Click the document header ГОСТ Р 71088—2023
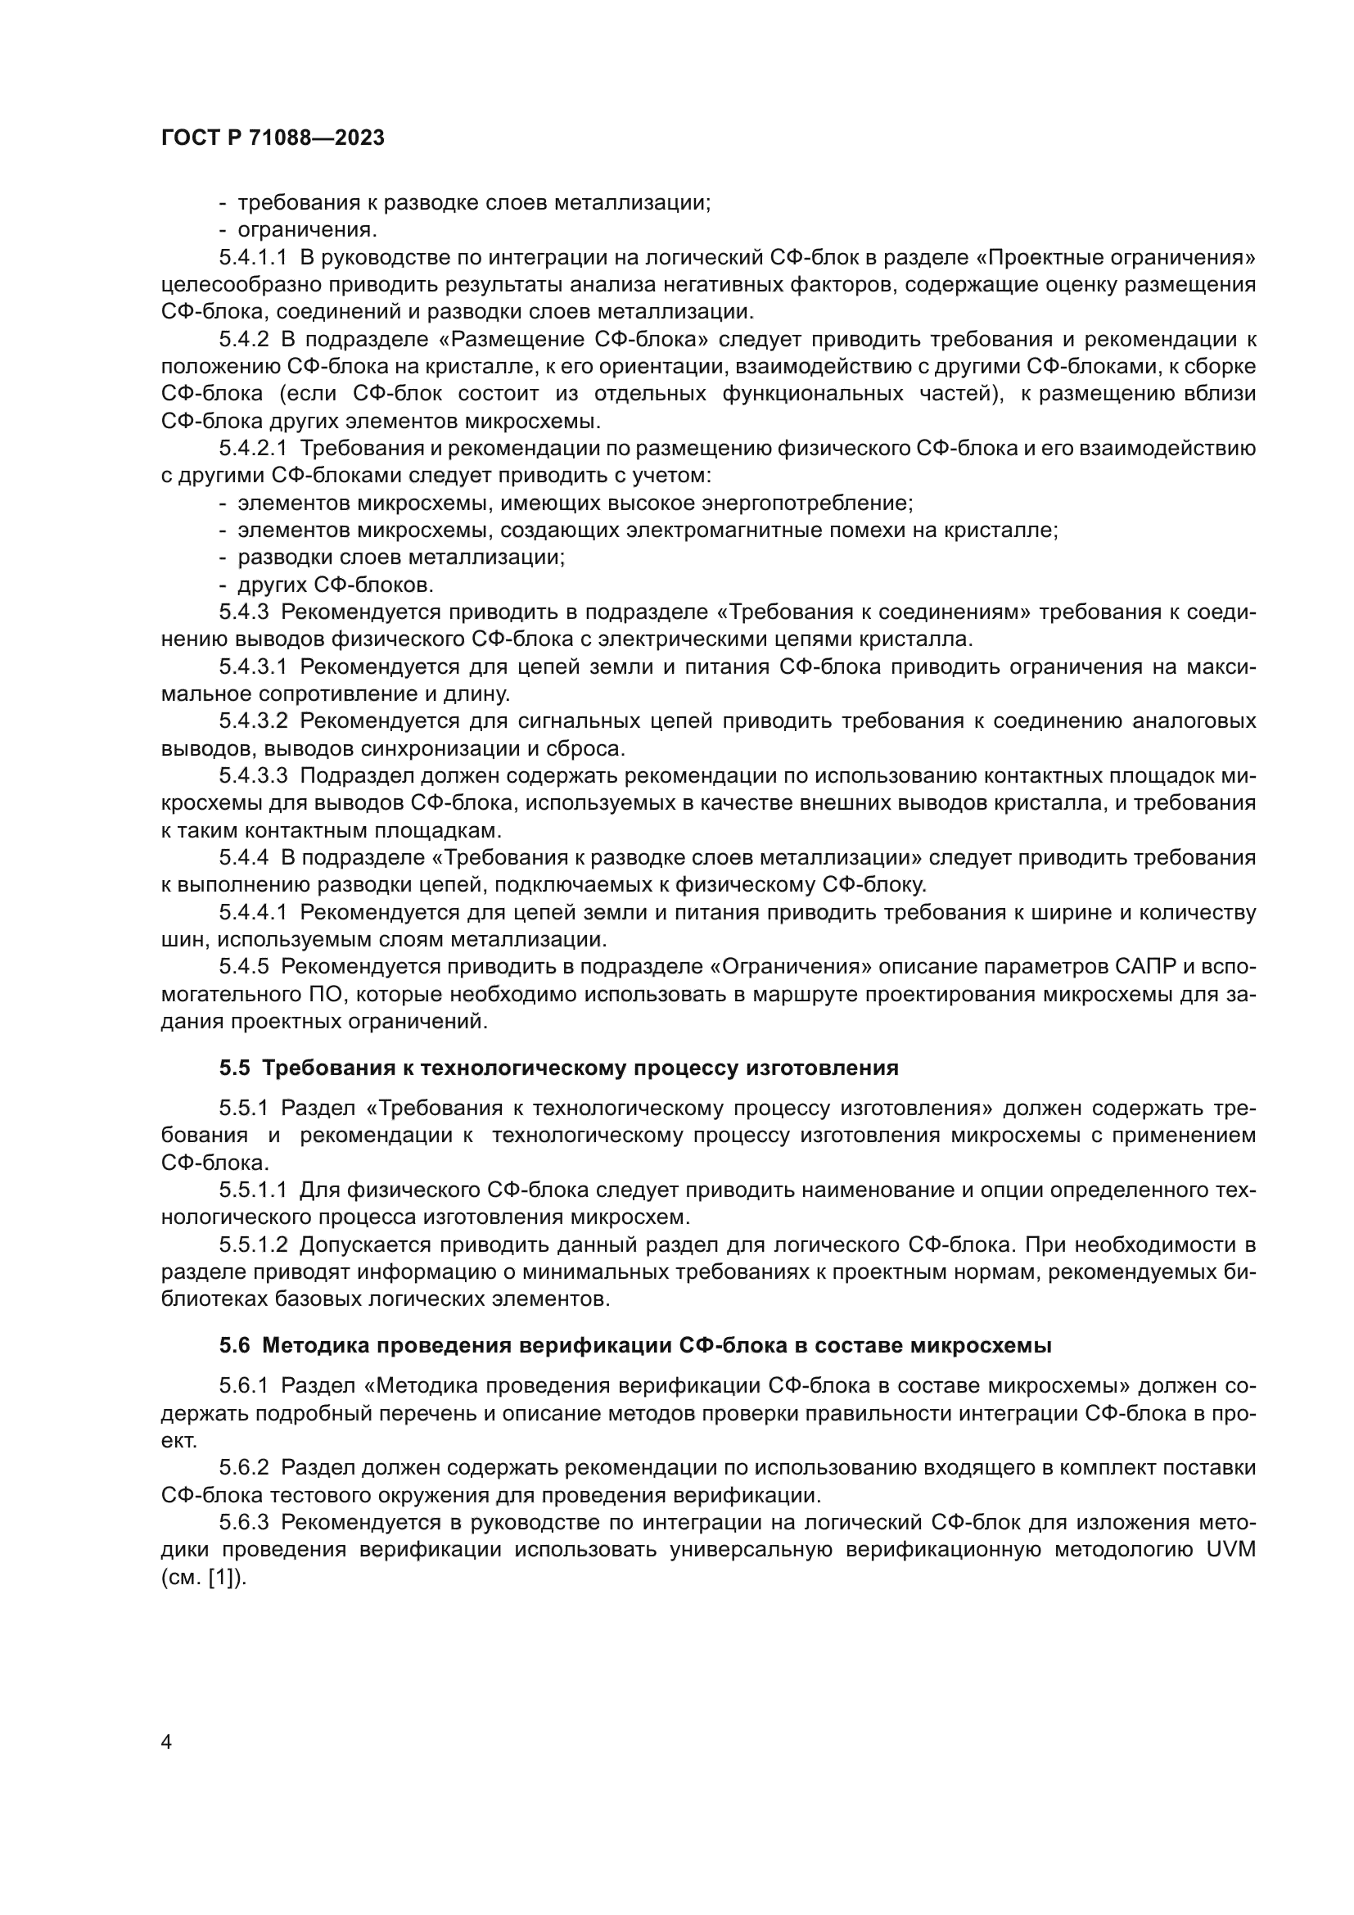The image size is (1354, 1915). (273, 138)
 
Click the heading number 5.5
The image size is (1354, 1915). (234, 1068)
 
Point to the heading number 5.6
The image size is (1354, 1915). (234, 1345)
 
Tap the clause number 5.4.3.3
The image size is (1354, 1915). (253, 775)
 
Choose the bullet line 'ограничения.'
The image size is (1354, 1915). (307, 230)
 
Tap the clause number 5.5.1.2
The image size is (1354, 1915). (253, 1245)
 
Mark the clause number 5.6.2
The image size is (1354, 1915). (243, 1468)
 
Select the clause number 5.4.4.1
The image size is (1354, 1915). (253, 912)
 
